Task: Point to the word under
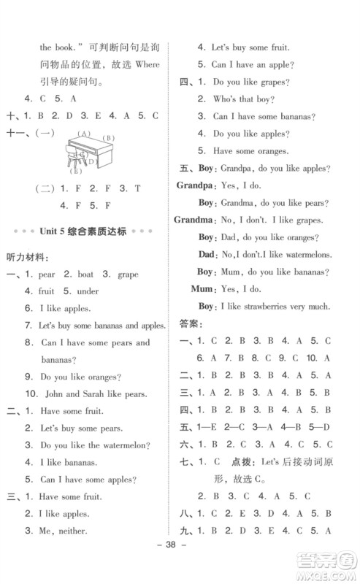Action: click(88, 291)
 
